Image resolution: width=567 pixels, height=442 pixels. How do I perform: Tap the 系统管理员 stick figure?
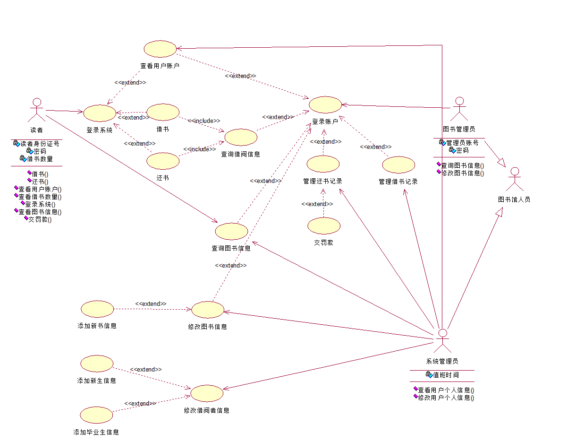pyautogui.click(x=442, y=340)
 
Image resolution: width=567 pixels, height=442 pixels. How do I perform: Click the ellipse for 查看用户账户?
pyautogui.click(x=160, y=49)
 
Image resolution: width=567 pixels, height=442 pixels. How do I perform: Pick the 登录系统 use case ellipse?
pyautogui.click(x=100, y=113)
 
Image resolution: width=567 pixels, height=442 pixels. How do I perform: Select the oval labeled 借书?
pyautogui.click(x=163, y=113)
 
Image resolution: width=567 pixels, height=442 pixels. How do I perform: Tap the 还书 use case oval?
pyautogui.click(x=163, y=161)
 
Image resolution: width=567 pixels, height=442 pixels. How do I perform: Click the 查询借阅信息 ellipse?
pyautogui.click(x=241, y=137)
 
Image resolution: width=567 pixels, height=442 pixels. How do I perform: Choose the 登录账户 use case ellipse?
pyautogui.click(x=325, y=105)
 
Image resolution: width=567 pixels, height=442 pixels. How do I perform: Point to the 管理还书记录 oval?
pyautogui.click(x=323, y=164)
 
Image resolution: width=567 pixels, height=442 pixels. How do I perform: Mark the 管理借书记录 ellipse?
pyautogui.click(x=398, y=165)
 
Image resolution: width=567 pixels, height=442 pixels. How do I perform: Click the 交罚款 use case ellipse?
pyautogui.click(x=324, y=226)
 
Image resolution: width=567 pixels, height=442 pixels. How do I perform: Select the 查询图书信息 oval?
pyautogui.click(x=231, y=232)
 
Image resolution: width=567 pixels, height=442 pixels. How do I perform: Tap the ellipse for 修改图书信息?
pyautogui.click(x=207, y=310)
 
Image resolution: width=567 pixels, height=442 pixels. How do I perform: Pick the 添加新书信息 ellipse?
pyautogui.click(x=97, y=309)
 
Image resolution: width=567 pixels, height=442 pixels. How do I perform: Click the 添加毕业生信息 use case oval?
pyautogui.click(x=96, y=415)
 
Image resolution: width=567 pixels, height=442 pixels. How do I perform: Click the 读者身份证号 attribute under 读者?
pyautogui.click(x=40, y=144)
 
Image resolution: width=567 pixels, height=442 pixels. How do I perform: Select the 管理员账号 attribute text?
pyautogui.click(x=462, y=143)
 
